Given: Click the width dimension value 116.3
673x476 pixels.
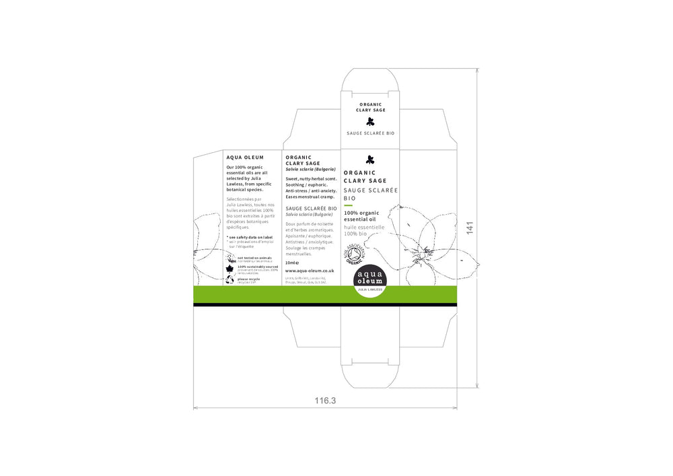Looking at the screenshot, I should (x=325, y=401).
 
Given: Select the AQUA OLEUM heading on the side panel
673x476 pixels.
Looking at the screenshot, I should (x=245, y=158).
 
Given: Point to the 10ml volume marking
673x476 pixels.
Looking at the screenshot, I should (x=291, y=263).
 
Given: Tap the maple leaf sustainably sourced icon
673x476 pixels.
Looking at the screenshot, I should (x=229, y=268).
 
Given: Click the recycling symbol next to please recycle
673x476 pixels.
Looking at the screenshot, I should (x=229, y=279).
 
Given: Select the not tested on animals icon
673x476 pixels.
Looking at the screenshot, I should (x=229, y=257).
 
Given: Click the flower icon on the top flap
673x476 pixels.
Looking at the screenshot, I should (x=370, y=122).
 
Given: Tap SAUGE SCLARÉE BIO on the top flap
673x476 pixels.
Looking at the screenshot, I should (x=370, y=133).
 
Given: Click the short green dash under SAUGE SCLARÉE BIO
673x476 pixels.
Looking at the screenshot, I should (x=348, y=205).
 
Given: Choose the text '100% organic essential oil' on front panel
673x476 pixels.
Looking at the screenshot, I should (x=361, y=216).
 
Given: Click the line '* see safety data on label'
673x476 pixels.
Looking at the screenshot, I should (x=250, y=237).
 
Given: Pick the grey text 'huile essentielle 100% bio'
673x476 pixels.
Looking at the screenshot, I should (x=363, y=230).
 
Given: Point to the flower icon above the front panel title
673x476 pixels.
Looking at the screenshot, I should (x=369, y=160).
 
